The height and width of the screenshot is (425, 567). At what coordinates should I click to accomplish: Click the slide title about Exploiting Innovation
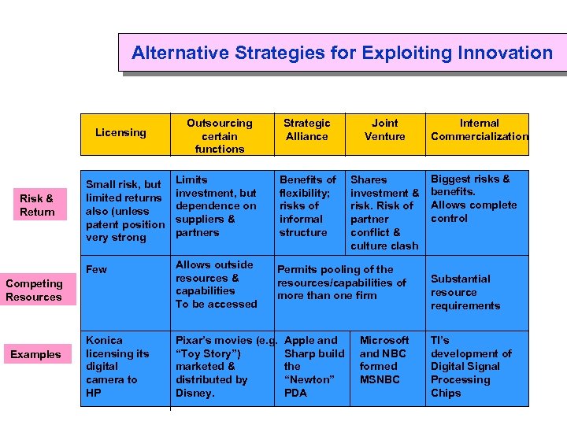[x=342, y=53]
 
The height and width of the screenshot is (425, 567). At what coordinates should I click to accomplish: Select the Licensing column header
[x=120, y=132]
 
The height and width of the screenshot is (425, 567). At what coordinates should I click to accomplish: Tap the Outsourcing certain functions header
[x=219, y=135]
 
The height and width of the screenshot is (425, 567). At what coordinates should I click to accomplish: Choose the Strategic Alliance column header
[x=306, y=130]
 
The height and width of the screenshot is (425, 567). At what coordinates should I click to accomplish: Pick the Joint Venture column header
[x=384, y=130]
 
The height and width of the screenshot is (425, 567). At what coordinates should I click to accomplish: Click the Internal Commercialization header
[x=479, y=130]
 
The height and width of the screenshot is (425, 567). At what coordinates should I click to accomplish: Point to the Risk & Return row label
[x=37, y=205]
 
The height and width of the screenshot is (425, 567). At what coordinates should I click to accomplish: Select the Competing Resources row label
[x=33, y=290]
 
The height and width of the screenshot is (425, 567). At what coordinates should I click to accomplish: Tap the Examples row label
[x=35, y=354]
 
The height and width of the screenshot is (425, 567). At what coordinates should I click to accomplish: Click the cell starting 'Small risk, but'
[x=124, y=211]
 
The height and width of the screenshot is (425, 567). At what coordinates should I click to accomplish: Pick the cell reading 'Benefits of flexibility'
[x=307, y=205]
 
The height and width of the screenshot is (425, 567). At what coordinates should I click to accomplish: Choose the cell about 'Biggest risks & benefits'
[x=473, y=198]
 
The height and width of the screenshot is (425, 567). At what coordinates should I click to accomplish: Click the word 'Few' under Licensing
[x=96, y=269]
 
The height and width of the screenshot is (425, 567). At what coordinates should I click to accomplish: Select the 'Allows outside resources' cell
[x=216, y=284]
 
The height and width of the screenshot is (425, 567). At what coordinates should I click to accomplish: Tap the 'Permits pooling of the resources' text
[x=341, y=283]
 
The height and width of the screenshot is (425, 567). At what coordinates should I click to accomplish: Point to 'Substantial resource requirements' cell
[x=465, y=292]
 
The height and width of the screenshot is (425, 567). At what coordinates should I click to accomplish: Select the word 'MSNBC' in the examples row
[x=380, y=379]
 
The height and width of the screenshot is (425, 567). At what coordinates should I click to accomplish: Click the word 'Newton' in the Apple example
[x=309, y=379]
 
